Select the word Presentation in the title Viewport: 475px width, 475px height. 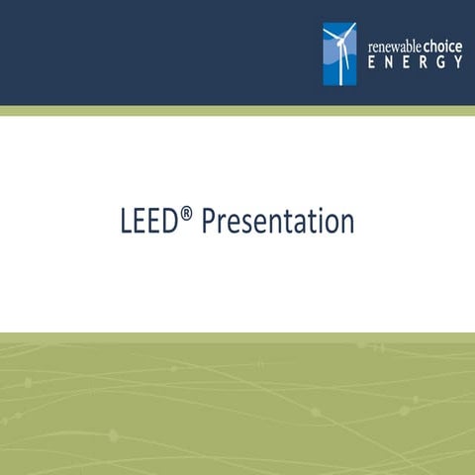point(277,222)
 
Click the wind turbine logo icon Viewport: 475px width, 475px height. point(339,54)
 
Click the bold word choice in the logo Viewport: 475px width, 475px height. point(442,45)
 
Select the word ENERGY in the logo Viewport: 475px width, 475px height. point(415,62)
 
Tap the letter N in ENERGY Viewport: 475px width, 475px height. point(387,62)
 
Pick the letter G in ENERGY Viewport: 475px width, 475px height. point(440,62)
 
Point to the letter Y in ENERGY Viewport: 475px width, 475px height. point(458,62)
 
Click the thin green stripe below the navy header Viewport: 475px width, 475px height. point(237,111)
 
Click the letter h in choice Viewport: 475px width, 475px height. point(436,45)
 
